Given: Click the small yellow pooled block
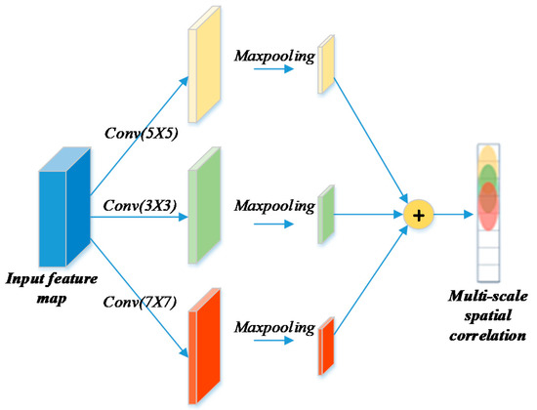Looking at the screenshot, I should pos(326,66).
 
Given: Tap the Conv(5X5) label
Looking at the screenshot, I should pos(138,129).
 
